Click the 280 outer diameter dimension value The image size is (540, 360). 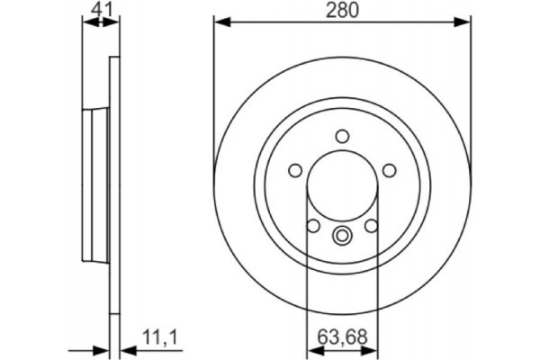pos(341,10)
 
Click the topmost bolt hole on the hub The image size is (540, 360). pos(342,136)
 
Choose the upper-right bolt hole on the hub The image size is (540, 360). pos(389,170)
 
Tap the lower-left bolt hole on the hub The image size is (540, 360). pos(312,225)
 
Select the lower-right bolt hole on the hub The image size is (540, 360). pos(371,225)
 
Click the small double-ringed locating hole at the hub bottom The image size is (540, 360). pos(342,237)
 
